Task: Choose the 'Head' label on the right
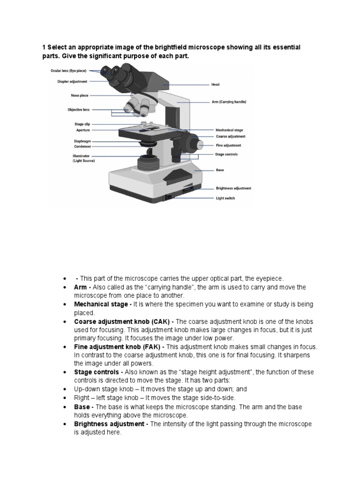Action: tap(215, 85)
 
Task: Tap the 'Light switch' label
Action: tap(225, 198)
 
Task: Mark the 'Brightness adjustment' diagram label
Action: tap(233, 188)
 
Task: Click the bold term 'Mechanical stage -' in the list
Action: tap(103, 304)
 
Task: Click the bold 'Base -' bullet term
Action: tap(84, 407)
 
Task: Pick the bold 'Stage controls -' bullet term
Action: tap(98, 372)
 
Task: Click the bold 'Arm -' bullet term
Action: tap(82, 287)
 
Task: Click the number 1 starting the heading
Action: tap(44, 48)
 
